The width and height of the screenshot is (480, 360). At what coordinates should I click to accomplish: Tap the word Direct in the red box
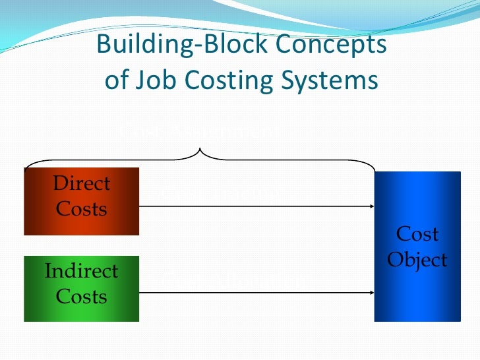(x=82, y=183)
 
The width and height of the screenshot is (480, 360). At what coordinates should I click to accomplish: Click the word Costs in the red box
(x=82, y=209)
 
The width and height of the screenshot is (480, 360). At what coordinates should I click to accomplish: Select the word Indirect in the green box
(x=82, y=271)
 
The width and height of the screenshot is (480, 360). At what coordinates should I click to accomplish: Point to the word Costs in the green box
(x=82, y=297)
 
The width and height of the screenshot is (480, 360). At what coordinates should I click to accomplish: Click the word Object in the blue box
(x=417, y=260)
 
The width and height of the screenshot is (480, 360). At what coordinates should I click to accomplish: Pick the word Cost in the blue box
(x=417, y=234)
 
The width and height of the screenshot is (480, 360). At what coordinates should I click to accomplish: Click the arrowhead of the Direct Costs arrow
(x=372, y=206)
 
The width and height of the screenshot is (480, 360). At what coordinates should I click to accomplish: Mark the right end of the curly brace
(x=374, y=167)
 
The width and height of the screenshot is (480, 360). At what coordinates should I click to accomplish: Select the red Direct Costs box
(x=82, y=201)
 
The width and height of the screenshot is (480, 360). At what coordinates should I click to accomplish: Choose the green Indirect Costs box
(x=82, y=288)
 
